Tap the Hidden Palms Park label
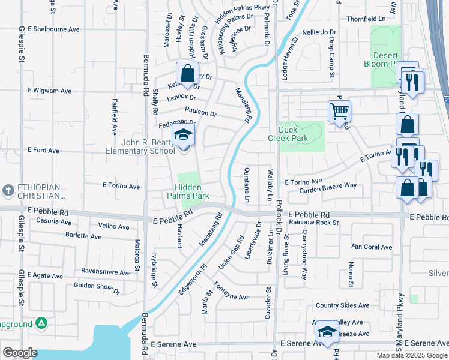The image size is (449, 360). click(192, 191)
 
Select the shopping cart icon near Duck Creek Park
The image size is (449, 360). click(339, 112)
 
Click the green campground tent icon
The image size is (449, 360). click(41, 323)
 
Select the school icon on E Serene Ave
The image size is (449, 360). click(327, 332)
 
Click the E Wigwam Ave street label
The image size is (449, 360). click(49, 91)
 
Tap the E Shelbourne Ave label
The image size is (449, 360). click(53, 29)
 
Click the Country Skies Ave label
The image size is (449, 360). click(342, 305)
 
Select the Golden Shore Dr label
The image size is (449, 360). click(97, 287)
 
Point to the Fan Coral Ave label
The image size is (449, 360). click(372, 247)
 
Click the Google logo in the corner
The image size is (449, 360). click(20, 353)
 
